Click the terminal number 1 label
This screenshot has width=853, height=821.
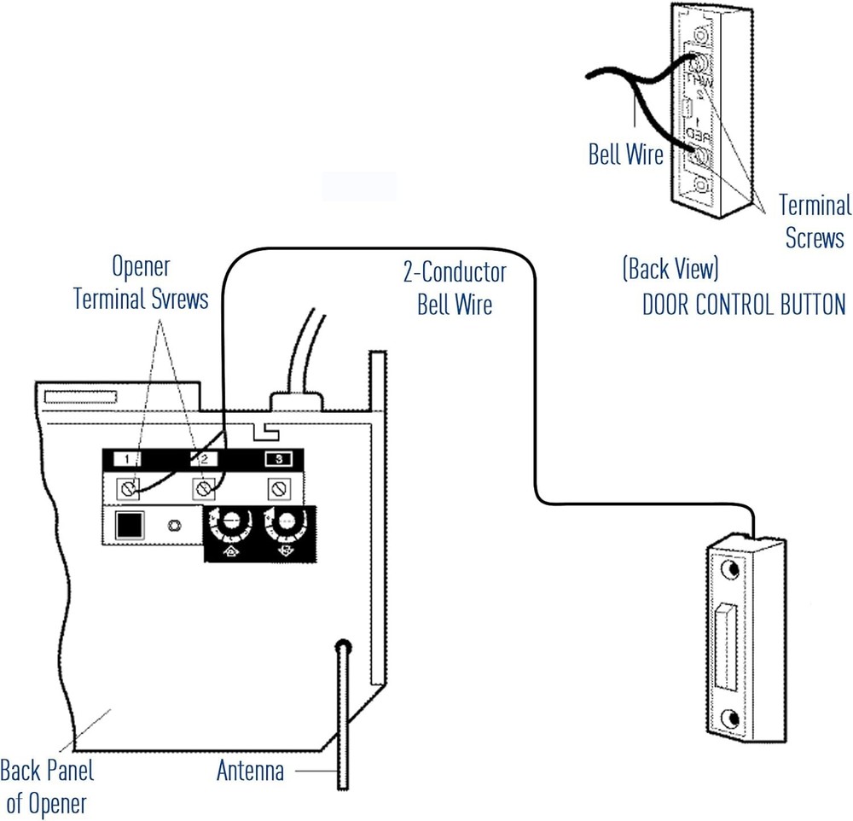click(x=126, y=459)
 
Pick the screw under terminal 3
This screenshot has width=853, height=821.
click(x=277, y=489)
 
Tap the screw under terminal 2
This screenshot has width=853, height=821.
click(x=204, y=489)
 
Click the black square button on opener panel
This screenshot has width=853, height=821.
click(x=131, y=524)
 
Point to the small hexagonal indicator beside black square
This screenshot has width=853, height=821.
click(x=175, y=524)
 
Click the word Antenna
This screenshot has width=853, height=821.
click(x=250, y=772)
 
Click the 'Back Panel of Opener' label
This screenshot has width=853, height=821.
click(x=46, y=787)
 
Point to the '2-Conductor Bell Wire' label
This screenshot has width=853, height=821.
click(x=455, y=288)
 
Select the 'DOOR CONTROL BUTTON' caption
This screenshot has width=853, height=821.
click(x=743, y=305)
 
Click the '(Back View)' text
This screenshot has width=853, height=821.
click(x=670, y=270)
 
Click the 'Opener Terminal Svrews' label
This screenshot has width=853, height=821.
click(x=141, y=283)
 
